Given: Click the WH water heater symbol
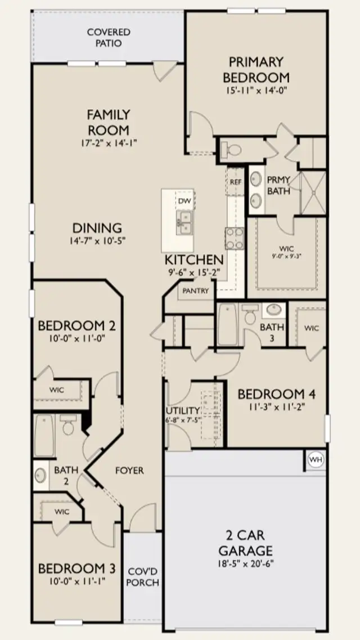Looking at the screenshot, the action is click(316, 460).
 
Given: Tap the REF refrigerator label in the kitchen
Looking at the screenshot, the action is click(236, 182).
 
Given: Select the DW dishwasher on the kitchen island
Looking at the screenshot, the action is click(184, 200).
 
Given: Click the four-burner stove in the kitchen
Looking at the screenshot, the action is click(234, 238).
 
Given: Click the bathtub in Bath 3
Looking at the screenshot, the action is click(226, 324).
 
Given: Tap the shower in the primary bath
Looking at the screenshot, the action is click(313, 193).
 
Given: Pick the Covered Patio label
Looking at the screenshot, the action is click(109, 37).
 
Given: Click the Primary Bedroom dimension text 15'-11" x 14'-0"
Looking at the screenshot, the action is click(256, 91).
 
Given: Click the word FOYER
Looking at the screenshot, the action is click(129, 471).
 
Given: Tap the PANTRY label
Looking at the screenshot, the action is click(196, 291).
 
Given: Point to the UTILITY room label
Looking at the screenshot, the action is click(183, 410).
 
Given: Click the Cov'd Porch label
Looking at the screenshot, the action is click(143, 577).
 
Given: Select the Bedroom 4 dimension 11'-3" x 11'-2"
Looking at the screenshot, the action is click(277, 406).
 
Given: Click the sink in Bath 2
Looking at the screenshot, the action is click(40, 475).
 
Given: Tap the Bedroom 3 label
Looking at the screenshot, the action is click(76, 569).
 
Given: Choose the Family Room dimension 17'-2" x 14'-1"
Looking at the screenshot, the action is click(109, 142).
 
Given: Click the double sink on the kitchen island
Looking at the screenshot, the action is click(184, 223).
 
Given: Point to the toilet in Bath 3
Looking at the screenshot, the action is click(249, 315).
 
